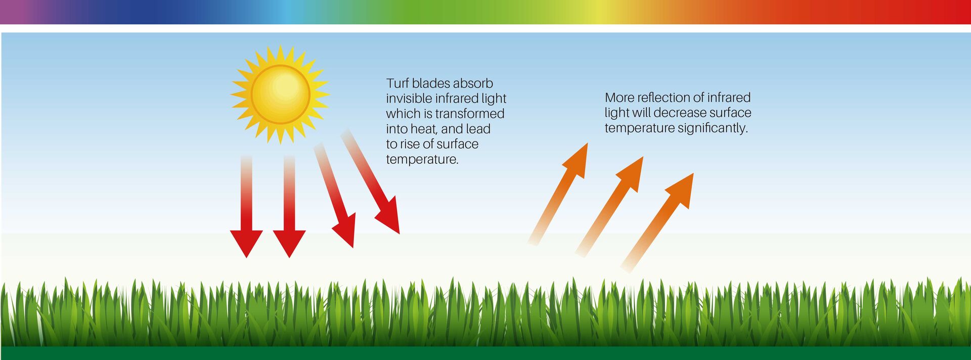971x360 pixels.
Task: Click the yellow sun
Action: (280, 94)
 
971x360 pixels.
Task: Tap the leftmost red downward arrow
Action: (246, 206)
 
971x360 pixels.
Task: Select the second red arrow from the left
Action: (289, 206)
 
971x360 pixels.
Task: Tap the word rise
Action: (410, 144)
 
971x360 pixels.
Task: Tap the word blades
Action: (430, 83)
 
